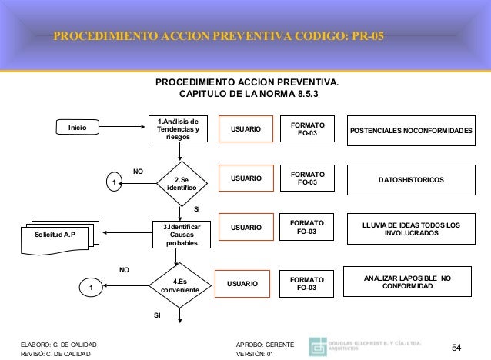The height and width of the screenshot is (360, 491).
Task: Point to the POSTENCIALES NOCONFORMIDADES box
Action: (411, 131)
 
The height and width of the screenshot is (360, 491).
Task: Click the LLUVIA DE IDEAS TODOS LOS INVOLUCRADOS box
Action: (411, 228)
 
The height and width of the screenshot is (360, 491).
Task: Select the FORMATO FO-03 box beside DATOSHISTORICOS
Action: (307, 179)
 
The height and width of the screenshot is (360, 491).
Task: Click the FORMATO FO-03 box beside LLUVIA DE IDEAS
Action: (307, 227)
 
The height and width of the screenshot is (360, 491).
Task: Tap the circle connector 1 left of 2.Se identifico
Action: (114, 183)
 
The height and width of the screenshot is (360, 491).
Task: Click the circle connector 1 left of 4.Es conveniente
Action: (92, 288)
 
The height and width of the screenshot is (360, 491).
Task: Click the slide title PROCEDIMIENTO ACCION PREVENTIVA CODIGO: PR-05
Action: (221, 36)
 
